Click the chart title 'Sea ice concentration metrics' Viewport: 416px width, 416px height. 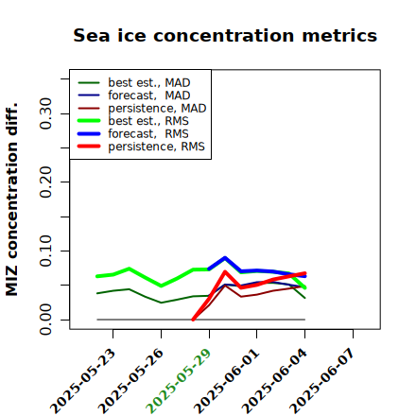click(x=225, y=35)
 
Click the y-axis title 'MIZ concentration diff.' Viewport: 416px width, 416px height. click(x=11, y=199)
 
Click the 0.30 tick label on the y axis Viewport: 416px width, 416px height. click(x=46, y=113)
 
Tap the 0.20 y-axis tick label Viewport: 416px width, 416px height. click(x=46, y=182)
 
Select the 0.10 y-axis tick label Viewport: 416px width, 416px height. click(x=46, y=251)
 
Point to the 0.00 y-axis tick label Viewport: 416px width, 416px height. click(x=46, y=320)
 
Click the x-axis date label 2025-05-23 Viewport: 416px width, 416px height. click(x=83, y=381)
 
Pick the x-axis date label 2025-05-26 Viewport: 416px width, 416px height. click(x=131, y=381)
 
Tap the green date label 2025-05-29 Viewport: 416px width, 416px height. click(x=179, y=381)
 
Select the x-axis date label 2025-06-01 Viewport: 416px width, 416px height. click(x=227, y=381)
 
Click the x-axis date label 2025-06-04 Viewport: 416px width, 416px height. click(x=275, y=381)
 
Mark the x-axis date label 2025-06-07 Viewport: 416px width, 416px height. click(x=323, y=381)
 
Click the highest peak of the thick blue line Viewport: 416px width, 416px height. click(x=225, y=258)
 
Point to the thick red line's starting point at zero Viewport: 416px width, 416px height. click(x=193, y=320)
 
